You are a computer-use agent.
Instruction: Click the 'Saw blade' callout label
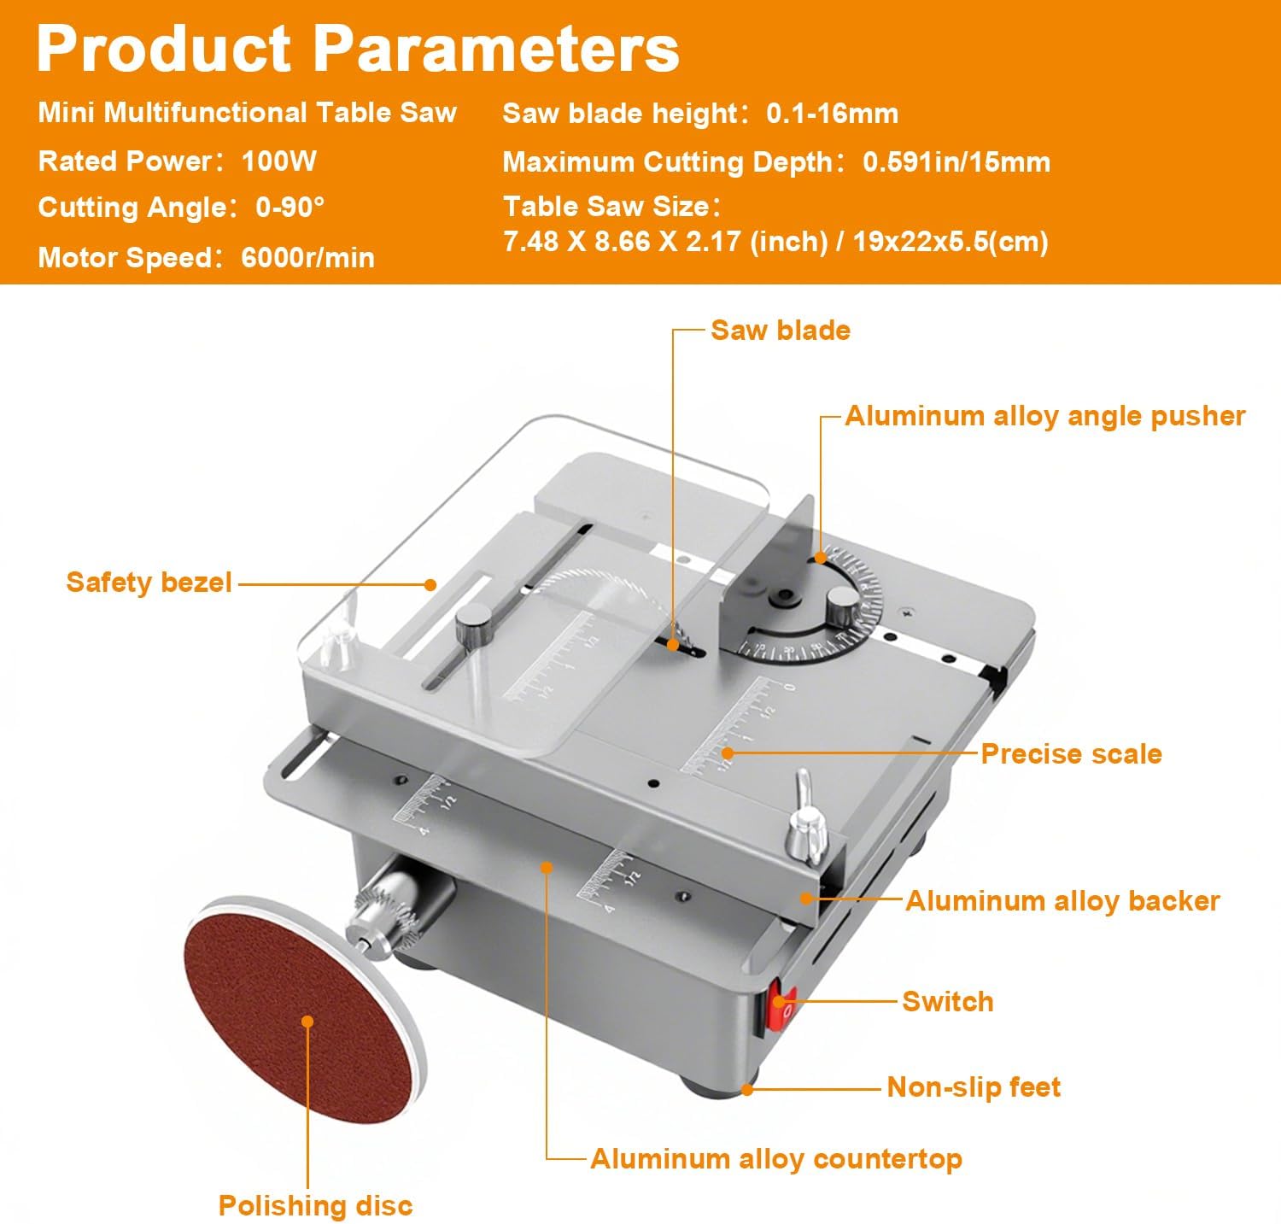click(x=780, y=331)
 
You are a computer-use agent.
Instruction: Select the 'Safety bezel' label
click(x=149, y=583)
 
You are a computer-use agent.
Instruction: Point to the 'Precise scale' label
click(x=1071, y=753)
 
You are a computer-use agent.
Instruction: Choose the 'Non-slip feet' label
click(x=974, y=1086)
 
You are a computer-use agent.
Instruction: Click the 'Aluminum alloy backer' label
click(x=1062, y=900)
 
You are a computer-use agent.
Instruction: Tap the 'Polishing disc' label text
click(x=315, y=1205)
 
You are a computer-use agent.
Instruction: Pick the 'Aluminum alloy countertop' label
click(x=776, y=1158)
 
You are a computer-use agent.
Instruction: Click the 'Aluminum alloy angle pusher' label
click(x=1044, y=416)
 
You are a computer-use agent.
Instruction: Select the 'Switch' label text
click(x=948, y=1001)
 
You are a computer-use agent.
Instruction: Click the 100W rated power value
click(x=279, y=161)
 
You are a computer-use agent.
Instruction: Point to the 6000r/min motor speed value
click(x=307, y=257)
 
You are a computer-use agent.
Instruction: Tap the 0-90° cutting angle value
click(x=290, y=208)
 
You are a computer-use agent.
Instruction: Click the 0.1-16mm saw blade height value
click(x=832, y=114)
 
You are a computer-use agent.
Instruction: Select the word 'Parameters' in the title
click(x=497, y=49)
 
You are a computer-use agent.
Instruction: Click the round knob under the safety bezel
click(x=472, y=625)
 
